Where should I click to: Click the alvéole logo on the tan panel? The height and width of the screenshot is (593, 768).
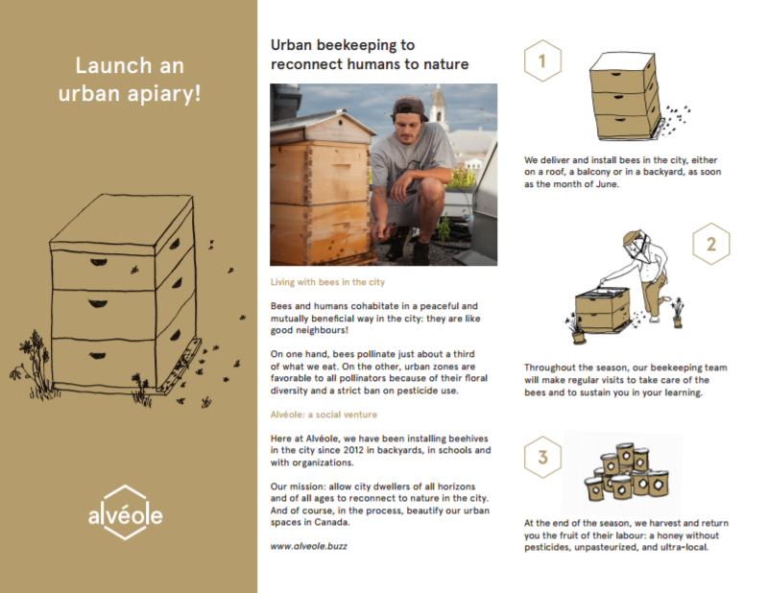coord(126,512)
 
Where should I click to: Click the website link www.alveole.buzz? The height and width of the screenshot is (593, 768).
coord(308,546)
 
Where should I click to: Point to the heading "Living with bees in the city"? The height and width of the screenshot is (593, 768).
coord(327,282)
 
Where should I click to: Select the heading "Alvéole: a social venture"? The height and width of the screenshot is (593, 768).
coord(324,415)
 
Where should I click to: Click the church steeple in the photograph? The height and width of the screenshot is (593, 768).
coord(438,106)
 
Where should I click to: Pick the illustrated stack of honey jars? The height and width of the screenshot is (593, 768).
coord(627,472)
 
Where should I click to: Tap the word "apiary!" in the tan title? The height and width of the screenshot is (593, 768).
coord(164,93)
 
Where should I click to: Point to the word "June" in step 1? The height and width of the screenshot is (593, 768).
coord(607,184)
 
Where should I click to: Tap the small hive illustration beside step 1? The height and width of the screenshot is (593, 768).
coord(632,97)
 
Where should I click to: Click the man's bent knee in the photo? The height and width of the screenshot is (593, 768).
coord(431,189)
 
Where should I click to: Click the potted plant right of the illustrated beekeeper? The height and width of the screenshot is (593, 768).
coord(678,313)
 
